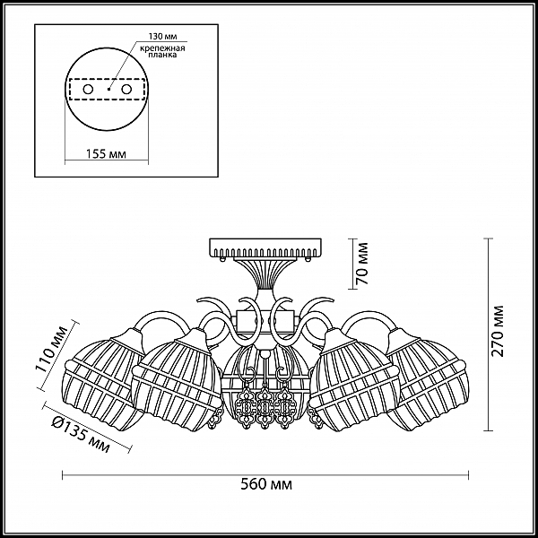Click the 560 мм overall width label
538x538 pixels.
click(266, 484)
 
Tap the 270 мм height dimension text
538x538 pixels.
click(497, 331)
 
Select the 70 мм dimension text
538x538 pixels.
click(362, 264)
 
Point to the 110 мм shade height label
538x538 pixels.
click(51, 350)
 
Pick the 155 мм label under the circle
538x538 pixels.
click(106, 154)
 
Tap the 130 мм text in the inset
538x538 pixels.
click(162, 37)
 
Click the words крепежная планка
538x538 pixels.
click(162, 51)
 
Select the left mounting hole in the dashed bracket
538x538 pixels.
click(88, 90)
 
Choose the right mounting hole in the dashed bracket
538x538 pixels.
click(126, 90)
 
